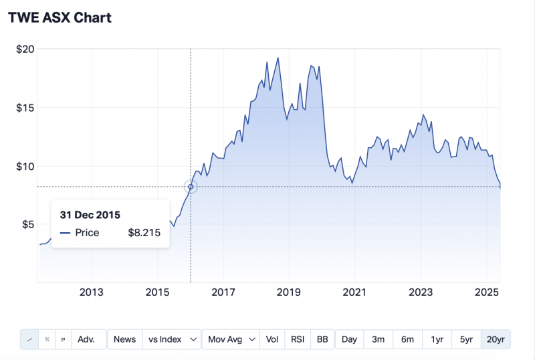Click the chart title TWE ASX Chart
[60, 18]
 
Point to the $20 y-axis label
[25, 49]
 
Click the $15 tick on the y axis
[25, 107]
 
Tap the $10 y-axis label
[25, 166]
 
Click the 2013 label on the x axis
[92, 292]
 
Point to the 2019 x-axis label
[289, 292]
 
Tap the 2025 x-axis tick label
[487, 292]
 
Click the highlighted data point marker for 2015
[191, 187]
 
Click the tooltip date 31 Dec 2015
[90, 215]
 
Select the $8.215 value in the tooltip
[144, 233]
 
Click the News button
[124, 339]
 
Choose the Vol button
[272, 339]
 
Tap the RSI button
[298, 339]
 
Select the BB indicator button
[322, 339]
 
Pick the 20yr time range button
[496, 339]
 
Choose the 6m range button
[407, 339]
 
